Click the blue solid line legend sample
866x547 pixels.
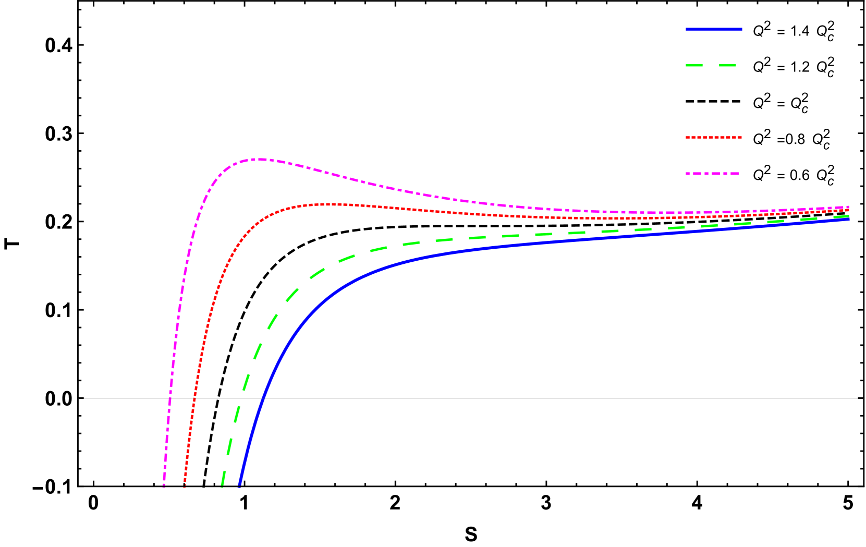tap(714, 29)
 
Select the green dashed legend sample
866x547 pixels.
tap(711, 65)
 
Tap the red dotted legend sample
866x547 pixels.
tap(714, 137)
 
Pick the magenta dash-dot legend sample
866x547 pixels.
tap(712, 173)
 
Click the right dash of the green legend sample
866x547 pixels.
tap(727, 65)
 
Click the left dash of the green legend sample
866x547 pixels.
tap(694, 65)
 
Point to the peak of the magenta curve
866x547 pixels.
tap(258, 159)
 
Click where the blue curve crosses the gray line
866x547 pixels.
tap(262, 398)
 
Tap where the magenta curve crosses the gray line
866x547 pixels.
tap(169, 398)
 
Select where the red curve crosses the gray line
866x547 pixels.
tap(194, 398)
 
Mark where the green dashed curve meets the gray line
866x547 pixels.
tap(238, 398)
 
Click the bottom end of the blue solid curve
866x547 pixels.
tap(239, 486)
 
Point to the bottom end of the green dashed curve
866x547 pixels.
tap(223, 486)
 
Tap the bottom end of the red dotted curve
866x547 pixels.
tap(185, 486)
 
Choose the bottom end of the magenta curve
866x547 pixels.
tap(164, 486)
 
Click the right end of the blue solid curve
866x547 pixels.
tap(849, 219)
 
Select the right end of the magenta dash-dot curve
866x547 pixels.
tap(849, 206)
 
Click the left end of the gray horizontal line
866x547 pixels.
tap(79, 398)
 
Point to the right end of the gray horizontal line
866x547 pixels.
tap(863, 398)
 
